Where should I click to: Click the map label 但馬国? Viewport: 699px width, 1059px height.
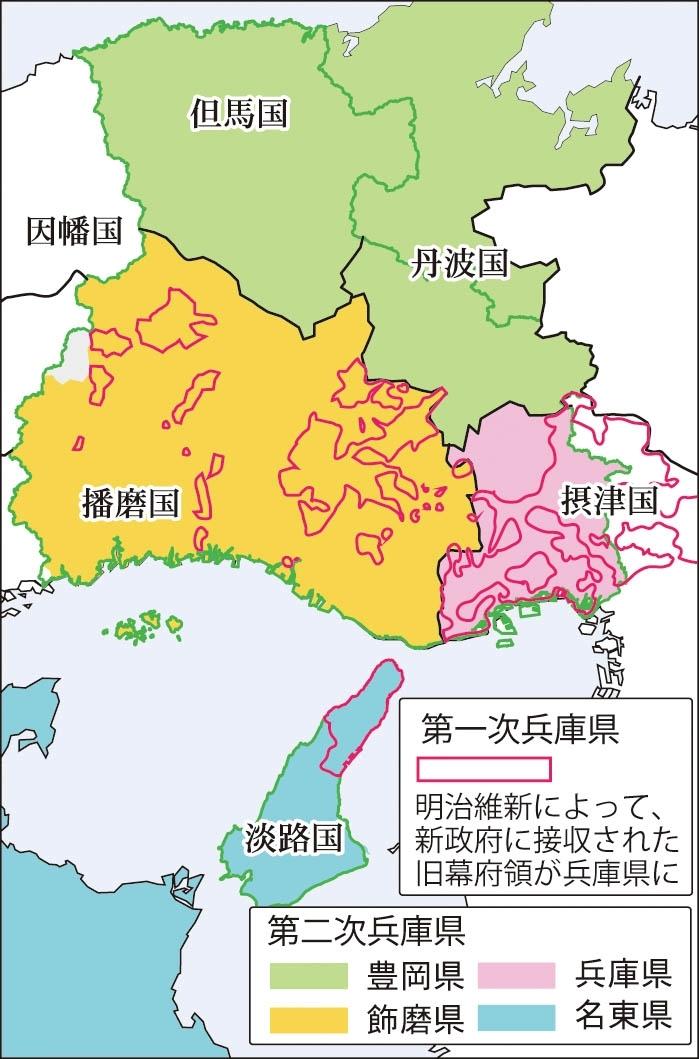pyautogui.click(x=238, y=114)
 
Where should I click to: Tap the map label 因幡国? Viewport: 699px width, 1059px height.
pyautogui.click(x=73, y=233)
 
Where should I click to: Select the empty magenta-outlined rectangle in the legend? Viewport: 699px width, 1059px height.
pyautogui.click(x=483, y=768)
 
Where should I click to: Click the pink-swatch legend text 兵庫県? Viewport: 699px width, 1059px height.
pyautogui.click(x=622, y=975)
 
